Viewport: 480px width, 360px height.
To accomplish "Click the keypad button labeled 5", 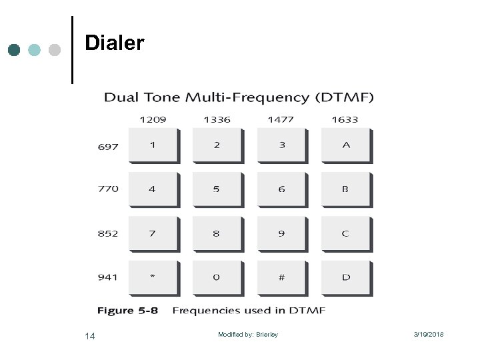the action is click(217, 189).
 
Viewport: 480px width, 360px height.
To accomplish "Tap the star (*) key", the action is click(153, 277).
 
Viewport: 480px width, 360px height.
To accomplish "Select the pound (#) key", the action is click(281, 277).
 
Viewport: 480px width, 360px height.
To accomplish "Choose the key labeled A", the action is click(346, 145).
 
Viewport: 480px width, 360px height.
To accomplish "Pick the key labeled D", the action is click(346, 277).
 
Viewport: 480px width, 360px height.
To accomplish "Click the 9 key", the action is click(281, 233).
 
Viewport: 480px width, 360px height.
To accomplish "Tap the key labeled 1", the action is click(153, 145).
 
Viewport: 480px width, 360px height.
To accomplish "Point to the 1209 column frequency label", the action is click(153, 119).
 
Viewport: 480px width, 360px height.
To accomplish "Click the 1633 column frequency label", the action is click(345, 119).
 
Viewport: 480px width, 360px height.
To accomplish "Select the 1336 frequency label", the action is click(217, 119).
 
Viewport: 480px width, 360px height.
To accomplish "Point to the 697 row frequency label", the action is click(108, 147).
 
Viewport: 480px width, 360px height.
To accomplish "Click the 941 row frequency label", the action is click(108, 277).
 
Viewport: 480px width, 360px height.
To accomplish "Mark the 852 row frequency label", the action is click(108, 233).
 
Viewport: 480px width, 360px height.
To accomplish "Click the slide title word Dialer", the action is click(114, 43).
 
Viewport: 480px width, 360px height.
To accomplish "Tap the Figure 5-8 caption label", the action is click(127, 311).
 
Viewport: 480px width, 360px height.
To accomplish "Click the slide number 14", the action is click(90, 336).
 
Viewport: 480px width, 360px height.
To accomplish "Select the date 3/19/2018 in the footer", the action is click(429, 335).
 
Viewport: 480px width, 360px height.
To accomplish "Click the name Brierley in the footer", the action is click(267, 335).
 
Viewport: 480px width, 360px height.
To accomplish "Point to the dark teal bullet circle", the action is click(14, 50).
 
